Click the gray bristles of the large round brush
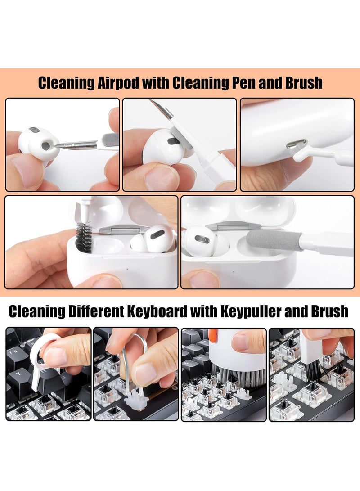tap(227, 374)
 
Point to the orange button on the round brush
tap(213, 335)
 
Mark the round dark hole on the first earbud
tap(46, 146)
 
